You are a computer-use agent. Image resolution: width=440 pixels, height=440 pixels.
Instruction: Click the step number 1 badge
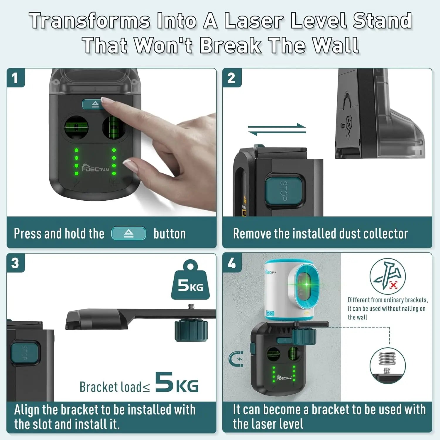(15, 78)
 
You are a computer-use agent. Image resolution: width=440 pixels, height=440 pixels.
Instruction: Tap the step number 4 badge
(232, 263)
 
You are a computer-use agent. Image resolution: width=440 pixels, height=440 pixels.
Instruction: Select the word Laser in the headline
(253, 21)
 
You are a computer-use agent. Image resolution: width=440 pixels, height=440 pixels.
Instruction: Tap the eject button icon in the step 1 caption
(128, 234)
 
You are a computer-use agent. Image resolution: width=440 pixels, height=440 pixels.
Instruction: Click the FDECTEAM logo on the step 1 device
(95, 168)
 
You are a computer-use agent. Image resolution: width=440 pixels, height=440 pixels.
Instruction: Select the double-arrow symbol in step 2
(277, 129)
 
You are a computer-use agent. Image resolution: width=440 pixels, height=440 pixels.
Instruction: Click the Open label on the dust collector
(343, 126)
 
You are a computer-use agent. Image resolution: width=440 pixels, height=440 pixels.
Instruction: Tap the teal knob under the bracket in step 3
(191, 331)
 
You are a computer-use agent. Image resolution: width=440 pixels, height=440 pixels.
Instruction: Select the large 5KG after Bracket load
(177, 383)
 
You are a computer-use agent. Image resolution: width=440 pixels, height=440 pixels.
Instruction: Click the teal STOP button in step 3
(25, 352)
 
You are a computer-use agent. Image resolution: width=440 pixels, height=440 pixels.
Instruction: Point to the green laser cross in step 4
(307, 284)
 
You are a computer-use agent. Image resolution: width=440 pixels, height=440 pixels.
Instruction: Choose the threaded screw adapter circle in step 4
(387, 365)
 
